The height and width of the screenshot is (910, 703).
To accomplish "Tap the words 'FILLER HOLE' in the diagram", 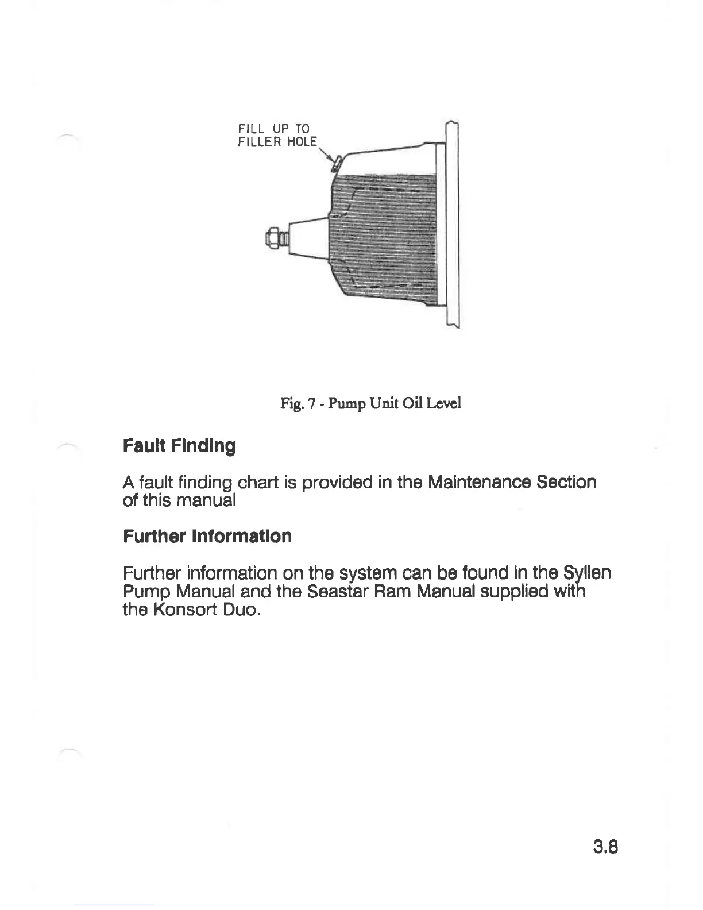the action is [277, 141].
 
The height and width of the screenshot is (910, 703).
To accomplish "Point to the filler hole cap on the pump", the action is [337, 163].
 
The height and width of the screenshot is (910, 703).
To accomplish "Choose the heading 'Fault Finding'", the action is [179, 446].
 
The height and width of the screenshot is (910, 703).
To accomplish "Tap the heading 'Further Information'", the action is [207, 537].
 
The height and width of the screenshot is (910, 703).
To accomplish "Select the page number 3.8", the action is [604, 847].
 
